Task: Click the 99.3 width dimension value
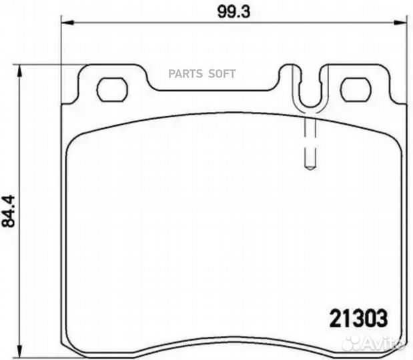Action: (x=234, y=12)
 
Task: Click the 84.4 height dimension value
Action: (x=9, y=211)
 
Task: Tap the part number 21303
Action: (x=359, y=319)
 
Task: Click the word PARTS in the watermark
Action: (x=185, y=74)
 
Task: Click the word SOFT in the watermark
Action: (x=222, y=74)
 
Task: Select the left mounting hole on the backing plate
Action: (x=113, y=89)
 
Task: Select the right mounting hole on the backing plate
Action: (x=356, y=89)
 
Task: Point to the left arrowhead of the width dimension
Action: (x=67, y=23)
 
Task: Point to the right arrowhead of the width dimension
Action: (x=399, y=23)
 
